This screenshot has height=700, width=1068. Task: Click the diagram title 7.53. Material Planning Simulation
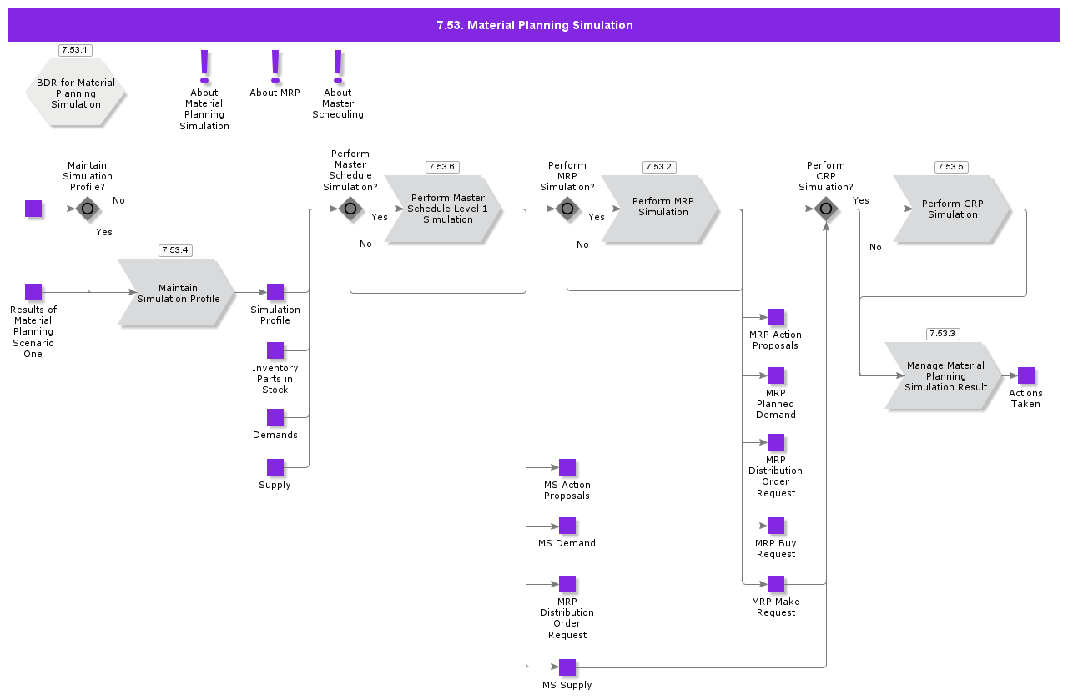point(534,25)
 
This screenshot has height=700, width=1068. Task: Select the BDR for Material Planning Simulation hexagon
point(76,93)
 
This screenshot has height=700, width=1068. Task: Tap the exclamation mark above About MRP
point(275,66)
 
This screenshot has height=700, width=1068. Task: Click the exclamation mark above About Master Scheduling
point(338,66)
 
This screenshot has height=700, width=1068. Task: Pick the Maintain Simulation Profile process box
point(176,293)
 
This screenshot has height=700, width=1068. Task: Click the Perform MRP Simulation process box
point(660,209)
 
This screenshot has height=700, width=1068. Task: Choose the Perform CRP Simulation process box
point(951,209)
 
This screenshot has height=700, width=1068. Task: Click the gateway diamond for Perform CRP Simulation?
point(826,209)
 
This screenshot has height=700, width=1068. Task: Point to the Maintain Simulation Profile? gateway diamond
point(88,209)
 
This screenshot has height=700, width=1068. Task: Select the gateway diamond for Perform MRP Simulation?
point(567,209)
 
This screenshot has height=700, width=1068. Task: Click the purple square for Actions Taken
point(1026,375)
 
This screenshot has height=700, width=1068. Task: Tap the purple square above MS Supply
point(567,667)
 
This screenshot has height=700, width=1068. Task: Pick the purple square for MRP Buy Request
point(776,526)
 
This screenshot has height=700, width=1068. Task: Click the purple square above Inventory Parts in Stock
point(275,350)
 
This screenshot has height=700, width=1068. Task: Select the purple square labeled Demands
point(275,417)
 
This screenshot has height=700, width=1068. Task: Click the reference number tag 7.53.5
point(950,167)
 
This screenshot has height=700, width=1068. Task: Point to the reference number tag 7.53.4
point(175,250)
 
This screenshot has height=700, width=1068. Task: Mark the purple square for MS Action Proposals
point(567,467)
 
